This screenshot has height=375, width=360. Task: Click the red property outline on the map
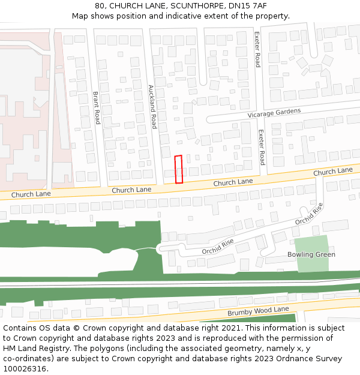[178, 169]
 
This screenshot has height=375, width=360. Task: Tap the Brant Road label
[97, 107]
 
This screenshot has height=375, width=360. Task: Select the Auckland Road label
[152, 107]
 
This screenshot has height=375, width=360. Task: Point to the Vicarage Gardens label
[274, 113]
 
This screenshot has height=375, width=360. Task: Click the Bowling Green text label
[311, 254]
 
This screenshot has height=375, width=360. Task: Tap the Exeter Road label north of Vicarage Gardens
[257, 49]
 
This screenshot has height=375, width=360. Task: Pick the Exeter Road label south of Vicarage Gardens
[262, 148]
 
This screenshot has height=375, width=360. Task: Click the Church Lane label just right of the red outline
[233, 182]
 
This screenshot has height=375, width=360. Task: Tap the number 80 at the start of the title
[99, 6]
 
